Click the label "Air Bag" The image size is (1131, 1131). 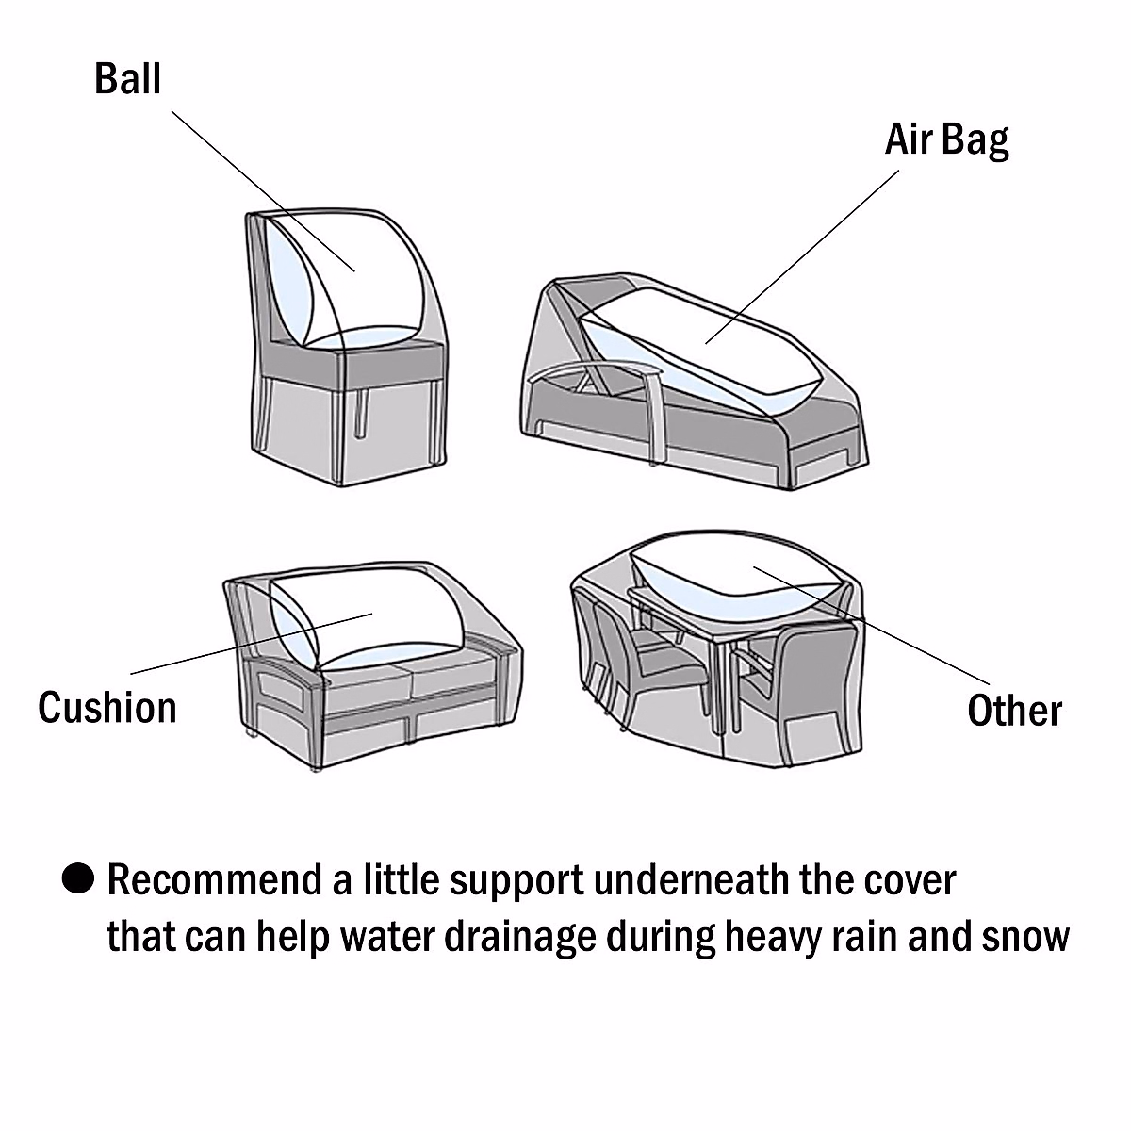point(946,140)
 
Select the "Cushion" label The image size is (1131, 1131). point(107,707)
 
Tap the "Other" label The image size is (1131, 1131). point(1014,711)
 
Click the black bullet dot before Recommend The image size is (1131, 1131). point(78,879)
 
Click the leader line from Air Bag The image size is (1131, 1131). point(801,256)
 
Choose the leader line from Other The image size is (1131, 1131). point(872,624)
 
